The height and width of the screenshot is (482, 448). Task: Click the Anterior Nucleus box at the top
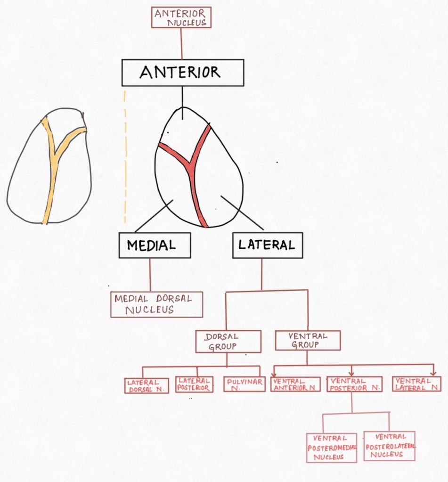tap(181, 17)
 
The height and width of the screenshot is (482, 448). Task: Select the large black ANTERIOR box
tap(183, 73)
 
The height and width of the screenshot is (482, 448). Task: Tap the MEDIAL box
tap(155, 245)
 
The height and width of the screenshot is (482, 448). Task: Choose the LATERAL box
tap(267, 245)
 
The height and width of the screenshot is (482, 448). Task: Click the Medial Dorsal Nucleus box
tap(156, 304)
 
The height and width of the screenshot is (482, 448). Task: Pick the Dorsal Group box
tap(228, 342)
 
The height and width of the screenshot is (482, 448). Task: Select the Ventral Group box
tap(307, 340)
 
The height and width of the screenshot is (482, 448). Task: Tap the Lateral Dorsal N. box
tap(147, 385)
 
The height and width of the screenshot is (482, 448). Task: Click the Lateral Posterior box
tap(194, 384)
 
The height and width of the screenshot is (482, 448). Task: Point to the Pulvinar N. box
tap(244, 384)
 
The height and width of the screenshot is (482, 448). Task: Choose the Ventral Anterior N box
tap(296, 384)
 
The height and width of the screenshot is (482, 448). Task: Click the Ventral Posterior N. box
tap(354, 384)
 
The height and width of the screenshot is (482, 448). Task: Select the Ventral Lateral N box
tap(416, 384)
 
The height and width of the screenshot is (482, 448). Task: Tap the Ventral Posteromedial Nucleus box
tap(332, 448)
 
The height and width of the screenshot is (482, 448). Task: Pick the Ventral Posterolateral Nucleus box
tap(390, 446)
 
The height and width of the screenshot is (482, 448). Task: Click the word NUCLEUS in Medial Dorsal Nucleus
tap(149, 310)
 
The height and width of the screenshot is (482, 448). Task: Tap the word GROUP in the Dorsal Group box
tap(222, 347)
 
